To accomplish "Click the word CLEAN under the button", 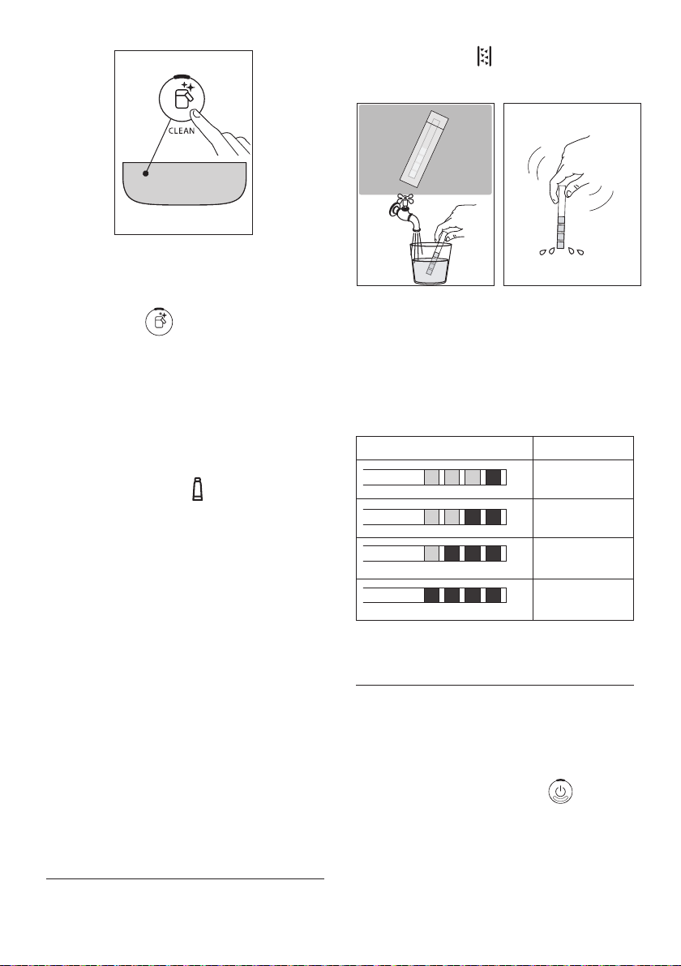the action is click(x=181, y=130).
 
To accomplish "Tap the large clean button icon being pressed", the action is click(x=182, y=99).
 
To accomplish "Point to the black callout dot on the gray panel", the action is click(x=145, y=173).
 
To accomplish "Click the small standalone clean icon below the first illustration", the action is click(x=159, y=322).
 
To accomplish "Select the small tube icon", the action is click(x=197, y=489).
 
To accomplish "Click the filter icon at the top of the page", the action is click(x=485, y=57).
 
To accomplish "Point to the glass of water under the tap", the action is click(x=430, y=263).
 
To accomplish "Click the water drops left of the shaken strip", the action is click(x=546, y=251).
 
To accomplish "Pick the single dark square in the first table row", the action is click(x=493, y=477).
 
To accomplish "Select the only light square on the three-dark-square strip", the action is click(x=432, y=554).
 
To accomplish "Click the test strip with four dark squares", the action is click(x=435, y=595).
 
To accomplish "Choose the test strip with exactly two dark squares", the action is click(x=435, y=517).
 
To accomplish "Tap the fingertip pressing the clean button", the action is click(x=195, y=114).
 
